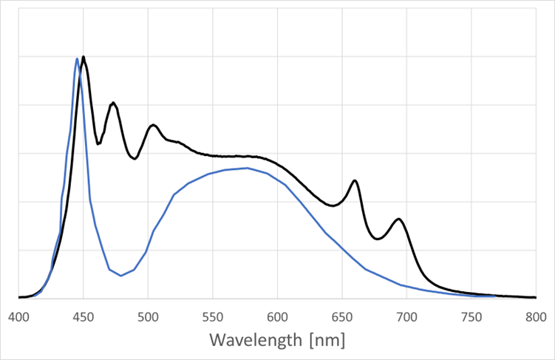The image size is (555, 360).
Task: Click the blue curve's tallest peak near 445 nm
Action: click(77, 58)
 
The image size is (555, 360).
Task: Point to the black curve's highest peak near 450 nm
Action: click(84, 57)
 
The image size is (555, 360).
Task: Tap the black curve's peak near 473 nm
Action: click(113, 103)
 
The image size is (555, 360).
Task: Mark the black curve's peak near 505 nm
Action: click(153, 125)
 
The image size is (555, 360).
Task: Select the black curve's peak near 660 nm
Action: click(355, 180)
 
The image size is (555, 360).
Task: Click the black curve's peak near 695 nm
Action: click(399, 219)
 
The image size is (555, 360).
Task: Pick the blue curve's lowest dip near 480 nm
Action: click(121, 276)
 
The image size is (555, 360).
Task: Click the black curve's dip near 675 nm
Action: click(377, 239)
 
